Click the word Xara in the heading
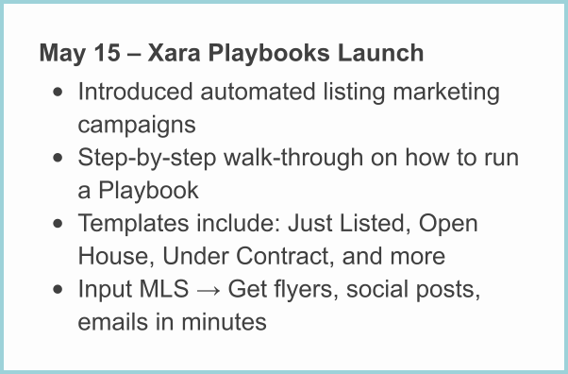pyautogui.click(x=180, y=53)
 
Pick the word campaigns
pyautogui.click(x=136, y=125)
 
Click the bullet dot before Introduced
pyautogui.click(x=59, y=93)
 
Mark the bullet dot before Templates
pyautogui.click(x=59, y=225)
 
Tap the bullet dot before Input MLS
pyautogui.click(x=59, y=290)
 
